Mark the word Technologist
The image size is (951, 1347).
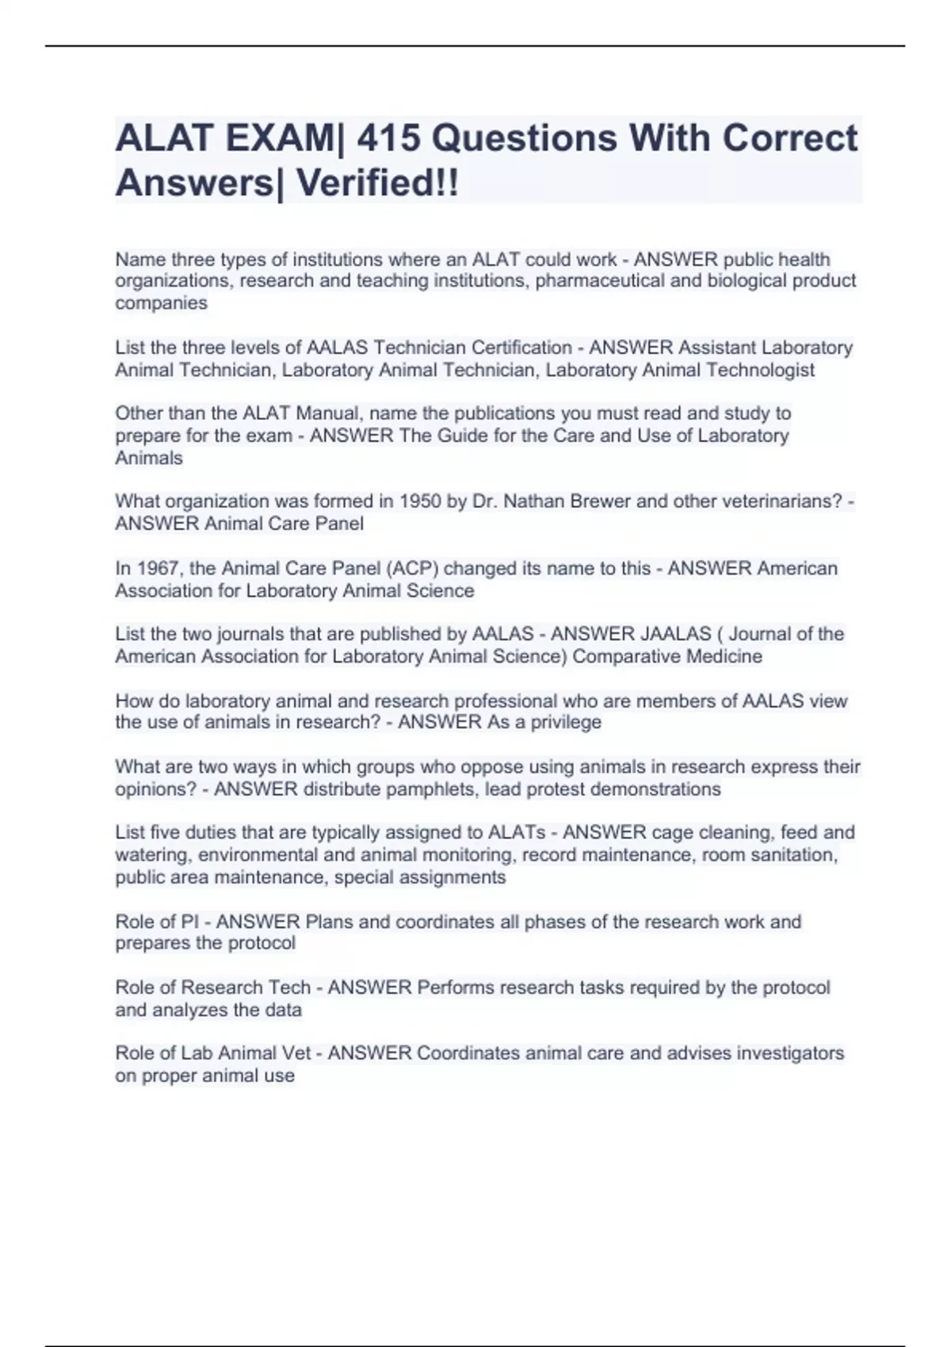760,370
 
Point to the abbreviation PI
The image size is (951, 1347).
189,922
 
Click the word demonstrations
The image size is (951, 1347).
651,789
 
